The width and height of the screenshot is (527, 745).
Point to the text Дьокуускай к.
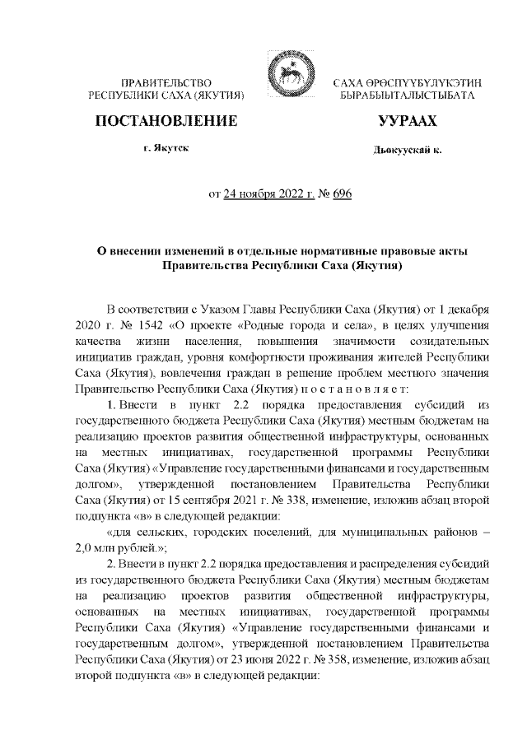click(x=407, y=151)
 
